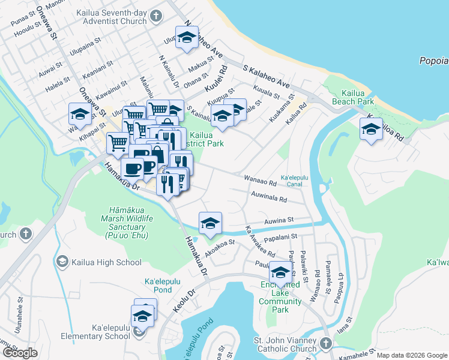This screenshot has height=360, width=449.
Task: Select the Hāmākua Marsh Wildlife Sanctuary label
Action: [x=127, y=223]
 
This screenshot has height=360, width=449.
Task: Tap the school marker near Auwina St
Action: [x=209, y=223]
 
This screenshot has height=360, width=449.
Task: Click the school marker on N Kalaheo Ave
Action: [x=187, y=38]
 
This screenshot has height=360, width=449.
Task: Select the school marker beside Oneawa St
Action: [x=80, y=113]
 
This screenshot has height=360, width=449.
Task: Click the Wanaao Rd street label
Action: [x=260, y=179]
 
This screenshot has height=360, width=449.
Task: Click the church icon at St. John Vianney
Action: [x=325, y=344]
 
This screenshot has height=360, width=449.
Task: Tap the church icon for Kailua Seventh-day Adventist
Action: [x=155, y=16]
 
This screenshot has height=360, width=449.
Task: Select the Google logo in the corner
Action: [x=20, y=352]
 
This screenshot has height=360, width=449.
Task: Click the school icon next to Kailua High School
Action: [x=62, y=262]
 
